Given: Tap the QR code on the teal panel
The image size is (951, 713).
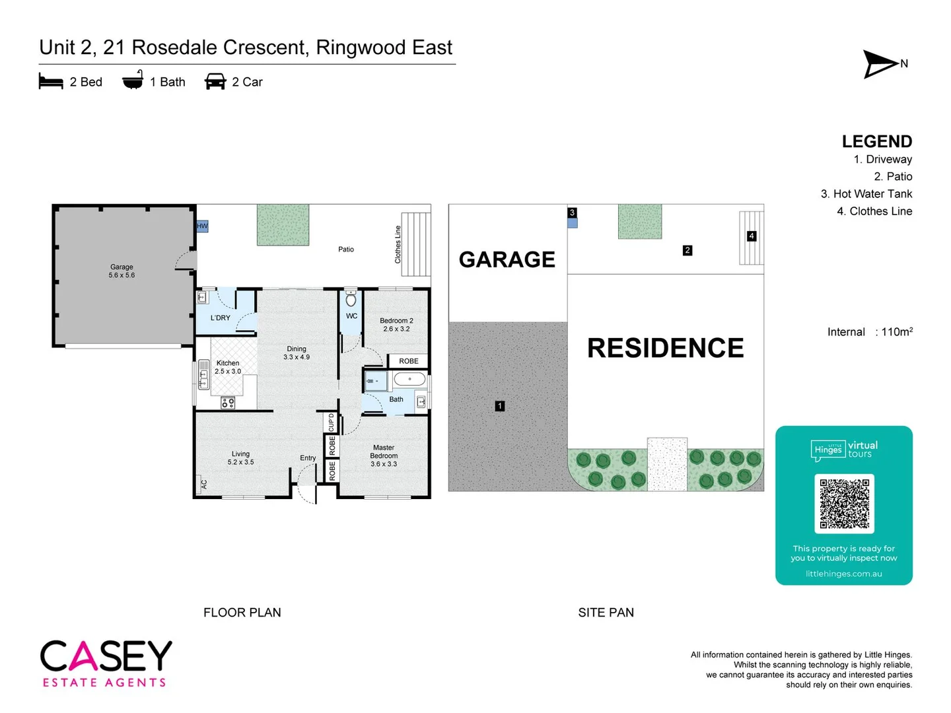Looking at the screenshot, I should [x=844, y=504].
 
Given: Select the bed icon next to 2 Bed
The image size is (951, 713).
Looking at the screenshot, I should [x=51, y=82].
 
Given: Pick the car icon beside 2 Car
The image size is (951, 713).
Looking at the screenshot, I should [x=215, y=82].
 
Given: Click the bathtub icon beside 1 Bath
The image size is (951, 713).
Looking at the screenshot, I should [x=133, y=81].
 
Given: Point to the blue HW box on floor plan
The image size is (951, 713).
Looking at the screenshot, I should [x=202, y=226].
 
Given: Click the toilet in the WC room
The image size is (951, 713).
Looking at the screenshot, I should [x=351, y=298].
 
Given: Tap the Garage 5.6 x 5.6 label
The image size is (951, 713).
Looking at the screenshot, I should [x=122, y=271].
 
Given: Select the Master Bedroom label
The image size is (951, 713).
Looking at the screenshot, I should [x=384, y=456].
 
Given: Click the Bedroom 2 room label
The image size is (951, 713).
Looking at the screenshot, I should [x=396, y=325].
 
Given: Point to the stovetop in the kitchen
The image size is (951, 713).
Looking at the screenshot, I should [x=228, y=402].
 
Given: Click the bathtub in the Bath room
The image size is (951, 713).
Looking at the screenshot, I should [x=411, y=380].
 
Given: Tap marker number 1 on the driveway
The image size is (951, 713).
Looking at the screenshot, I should [x=500, y=406].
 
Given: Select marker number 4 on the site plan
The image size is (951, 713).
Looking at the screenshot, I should [x=751, y=236].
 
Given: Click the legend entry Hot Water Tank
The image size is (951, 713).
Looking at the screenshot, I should [x=866, y=194].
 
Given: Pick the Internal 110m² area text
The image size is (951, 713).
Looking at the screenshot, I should [x=870, y=332].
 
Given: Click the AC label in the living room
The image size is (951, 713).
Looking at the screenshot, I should [x=203, y=484].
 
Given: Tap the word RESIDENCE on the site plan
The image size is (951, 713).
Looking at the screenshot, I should [x=665, y=348].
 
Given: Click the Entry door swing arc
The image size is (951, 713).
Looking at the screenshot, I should [x=305, y=485].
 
